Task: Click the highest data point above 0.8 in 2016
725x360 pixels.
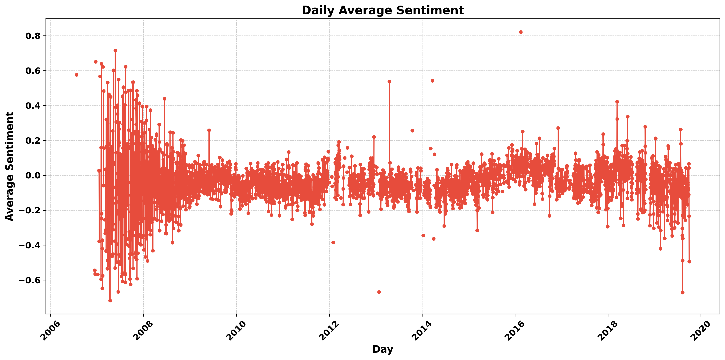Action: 521,32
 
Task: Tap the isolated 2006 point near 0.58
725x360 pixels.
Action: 76,75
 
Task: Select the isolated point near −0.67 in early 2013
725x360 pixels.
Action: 379,292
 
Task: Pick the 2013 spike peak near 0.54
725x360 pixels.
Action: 389,81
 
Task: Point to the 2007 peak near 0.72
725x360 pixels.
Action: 115,51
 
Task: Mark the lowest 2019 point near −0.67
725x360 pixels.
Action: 683,293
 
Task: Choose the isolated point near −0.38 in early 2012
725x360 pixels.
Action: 333,242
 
